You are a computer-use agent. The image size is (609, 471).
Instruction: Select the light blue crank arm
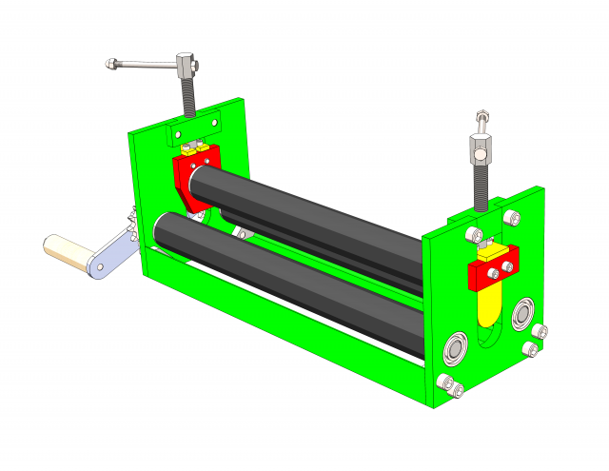click(x=111, y=253)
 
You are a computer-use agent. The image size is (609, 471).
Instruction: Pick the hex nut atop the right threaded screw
click(x=481, y=148)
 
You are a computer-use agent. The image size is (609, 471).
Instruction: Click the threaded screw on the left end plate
click(x=188, y=96)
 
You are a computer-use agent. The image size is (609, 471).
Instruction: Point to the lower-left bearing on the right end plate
click(x=455, y=349)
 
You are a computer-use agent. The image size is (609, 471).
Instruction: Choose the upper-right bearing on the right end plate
click(x=522, y=313)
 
